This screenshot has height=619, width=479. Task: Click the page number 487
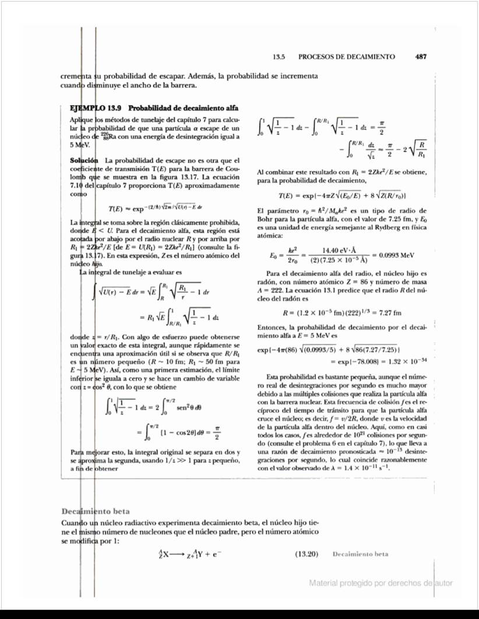tap(422, 57)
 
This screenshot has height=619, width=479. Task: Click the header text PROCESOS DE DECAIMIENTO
tap(346, 57)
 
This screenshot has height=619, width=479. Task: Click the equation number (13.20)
tap(304, 553)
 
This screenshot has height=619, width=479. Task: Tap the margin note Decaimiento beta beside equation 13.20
tap(360, 553)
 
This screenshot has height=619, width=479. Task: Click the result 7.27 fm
tap(383, 313)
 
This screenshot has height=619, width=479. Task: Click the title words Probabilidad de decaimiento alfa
tap(183, 108)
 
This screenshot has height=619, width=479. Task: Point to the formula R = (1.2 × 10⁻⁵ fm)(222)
tap(326, 313)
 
